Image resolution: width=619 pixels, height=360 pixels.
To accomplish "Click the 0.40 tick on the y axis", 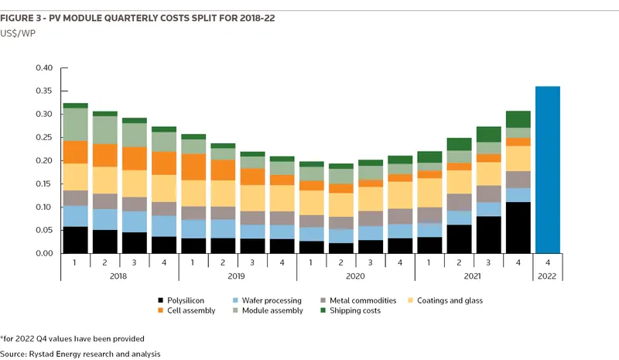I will coord(44,68).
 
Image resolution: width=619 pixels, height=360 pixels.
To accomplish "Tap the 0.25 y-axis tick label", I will coord(44,138).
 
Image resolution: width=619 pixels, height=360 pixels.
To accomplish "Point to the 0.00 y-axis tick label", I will coord(44,253).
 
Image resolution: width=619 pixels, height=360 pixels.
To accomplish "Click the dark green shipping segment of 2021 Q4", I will coord(518,119).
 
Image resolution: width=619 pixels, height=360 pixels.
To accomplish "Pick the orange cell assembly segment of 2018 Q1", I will coord(76,152).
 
